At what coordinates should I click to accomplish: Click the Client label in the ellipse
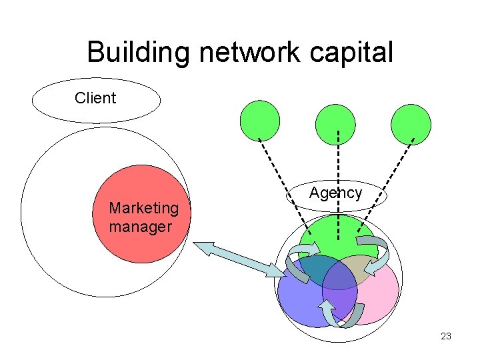pos(95,99)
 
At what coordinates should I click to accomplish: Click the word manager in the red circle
pos(140,227)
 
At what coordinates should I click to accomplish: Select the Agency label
pos(335,193)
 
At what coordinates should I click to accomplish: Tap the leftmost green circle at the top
pos(259,121)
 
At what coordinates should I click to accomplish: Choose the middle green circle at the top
pos(335,125)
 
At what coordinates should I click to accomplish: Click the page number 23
pos(446,336)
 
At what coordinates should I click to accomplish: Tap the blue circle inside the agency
pos(300,300)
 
